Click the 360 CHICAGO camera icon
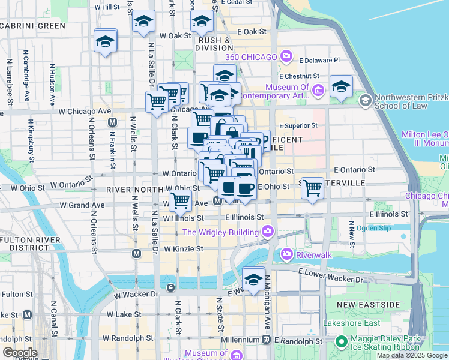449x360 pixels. pos(286,57)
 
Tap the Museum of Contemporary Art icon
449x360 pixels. pos(318,91)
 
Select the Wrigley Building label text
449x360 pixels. pos(221,232)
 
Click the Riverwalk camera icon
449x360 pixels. pos(287,254)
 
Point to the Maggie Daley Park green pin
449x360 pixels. pos(341,342)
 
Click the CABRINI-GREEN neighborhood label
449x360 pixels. pos(33,26)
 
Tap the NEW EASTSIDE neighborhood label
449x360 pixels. pos(368,305)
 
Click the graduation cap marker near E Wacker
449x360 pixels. pos(254,280)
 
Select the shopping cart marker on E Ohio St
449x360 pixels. pos(312,188)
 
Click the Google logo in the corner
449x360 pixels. pos(19,353)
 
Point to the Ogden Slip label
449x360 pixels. pos(374,228)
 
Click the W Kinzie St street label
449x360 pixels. pos(184,248)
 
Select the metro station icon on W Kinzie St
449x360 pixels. pos(137,254)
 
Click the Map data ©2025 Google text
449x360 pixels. pos(411,355)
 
